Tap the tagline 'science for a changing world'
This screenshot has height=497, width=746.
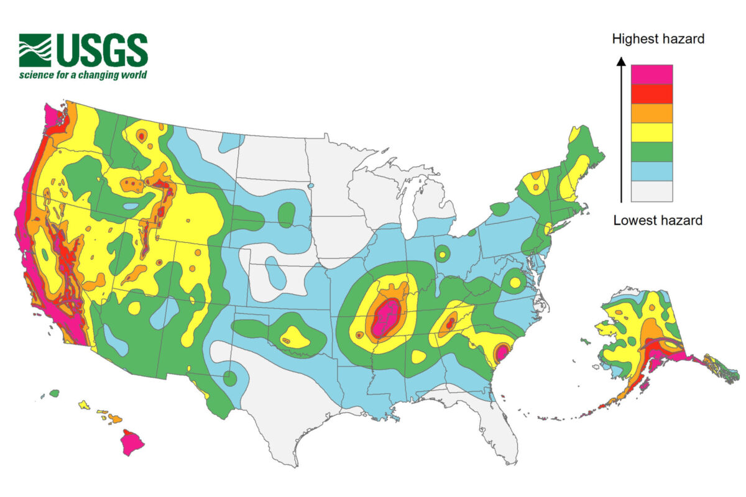[83, 75]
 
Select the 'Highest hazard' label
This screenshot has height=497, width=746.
[658, 39]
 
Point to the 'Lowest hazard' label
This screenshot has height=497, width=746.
[658, 220]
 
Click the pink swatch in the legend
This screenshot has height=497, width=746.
[652, 74]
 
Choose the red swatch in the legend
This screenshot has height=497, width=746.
[652, 93]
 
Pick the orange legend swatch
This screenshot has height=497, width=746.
[652, 112]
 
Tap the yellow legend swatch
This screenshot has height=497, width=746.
[652, 132]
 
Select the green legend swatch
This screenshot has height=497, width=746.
[652, 151]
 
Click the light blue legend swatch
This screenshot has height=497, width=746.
[652, 171]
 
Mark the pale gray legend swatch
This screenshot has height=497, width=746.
[652, 191]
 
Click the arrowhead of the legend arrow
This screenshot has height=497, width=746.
[620, 60]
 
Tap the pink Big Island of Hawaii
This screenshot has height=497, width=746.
[131, 443]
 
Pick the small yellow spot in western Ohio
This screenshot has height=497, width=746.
[442, 253]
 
